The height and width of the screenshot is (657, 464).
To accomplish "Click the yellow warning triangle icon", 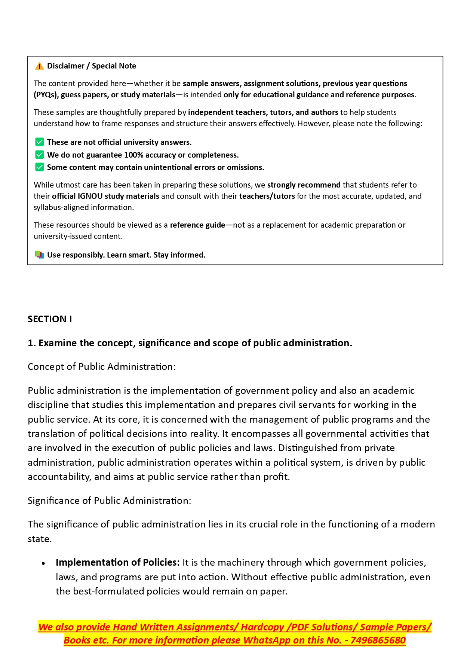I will point(39,66).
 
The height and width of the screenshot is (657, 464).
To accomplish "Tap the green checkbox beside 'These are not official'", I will point(39,142).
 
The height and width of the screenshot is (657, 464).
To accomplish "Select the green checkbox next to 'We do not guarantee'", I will point(39,155).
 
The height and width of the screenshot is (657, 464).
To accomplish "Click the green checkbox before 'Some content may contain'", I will point(39,167).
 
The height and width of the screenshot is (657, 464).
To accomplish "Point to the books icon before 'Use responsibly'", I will point(39,255).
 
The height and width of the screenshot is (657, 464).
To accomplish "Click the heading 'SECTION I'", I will point(50,319).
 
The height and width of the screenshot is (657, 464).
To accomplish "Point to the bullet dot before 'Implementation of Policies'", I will point(44,563).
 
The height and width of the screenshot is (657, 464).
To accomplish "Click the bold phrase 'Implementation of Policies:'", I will point(117,563).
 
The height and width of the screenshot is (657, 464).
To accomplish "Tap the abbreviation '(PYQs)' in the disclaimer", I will point(46,95).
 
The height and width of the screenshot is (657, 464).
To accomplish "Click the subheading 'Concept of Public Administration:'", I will point(102,367).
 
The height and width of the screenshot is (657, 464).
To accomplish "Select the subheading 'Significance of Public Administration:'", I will point(109,501).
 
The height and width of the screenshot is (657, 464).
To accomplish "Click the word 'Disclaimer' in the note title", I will point(66,66).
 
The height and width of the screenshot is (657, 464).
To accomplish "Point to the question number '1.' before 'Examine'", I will point(32,343).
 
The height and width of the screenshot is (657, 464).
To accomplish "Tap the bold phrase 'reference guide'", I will point(197,225).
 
